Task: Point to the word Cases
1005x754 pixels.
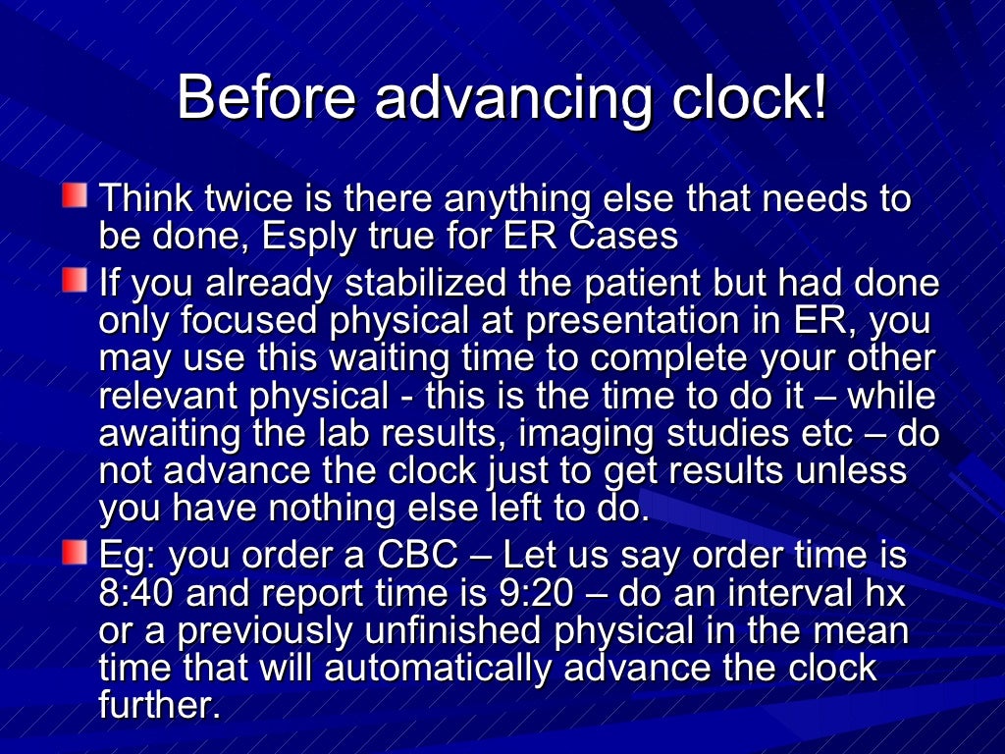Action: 624,236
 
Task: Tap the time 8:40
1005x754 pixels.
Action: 136,593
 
